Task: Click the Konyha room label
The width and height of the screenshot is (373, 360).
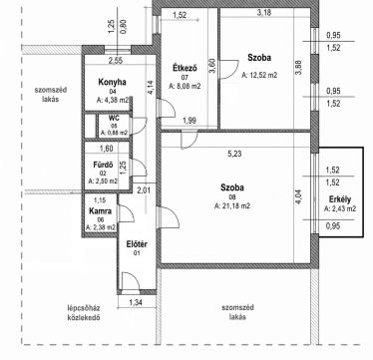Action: [112, 82]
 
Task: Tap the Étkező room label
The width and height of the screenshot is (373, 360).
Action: [186, 69]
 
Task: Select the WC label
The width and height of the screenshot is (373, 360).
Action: [114, 118]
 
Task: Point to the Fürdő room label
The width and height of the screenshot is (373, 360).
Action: [103, 165]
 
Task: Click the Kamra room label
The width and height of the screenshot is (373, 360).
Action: [100, 211]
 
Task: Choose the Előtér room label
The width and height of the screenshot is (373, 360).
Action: [137, 244]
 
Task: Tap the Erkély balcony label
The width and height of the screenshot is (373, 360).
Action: [340, 200]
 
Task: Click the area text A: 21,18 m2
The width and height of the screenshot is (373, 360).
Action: [232, 206]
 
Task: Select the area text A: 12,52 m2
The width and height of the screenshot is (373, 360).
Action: [259, 75]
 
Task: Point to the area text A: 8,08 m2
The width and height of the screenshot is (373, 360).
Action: [185, 87]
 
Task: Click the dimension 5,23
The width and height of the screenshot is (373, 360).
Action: [234, 154]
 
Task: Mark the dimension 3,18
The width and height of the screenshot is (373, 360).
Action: [264, 13]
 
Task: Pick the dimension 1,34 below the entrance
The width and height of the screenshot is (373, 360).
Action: [136, 302]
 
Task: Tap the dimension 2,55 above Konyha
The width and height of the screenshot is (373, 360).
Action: [116, 61]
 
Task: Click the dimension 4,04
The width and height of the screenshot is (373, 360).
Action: [299, 196]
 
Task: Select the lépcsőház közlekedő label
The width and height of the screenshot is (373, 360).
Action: [83, 312]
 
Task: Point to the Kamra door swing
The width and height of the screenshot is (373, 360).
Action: [127, 212]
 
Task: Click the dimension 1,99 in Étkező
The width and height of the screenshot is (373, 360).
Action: [189, 122]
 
